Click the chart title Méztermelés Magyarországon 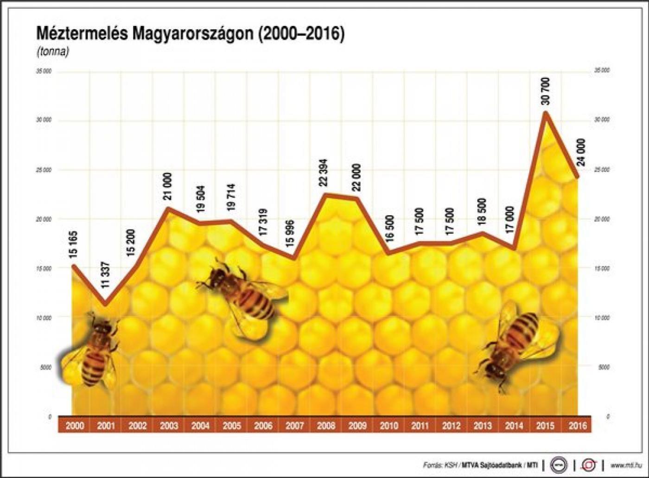point(190,34)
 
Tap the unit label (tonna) point(52,52)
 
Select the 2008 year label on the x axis point(326,426)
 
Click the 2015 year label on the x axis point(545,426)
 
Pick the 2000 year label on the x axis point(75,426)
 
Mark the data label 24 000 point(580,153)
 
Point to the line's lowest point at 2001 point(105,305)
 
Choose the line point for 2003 point(168,208)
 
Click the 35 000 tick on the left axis point(45,71)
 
